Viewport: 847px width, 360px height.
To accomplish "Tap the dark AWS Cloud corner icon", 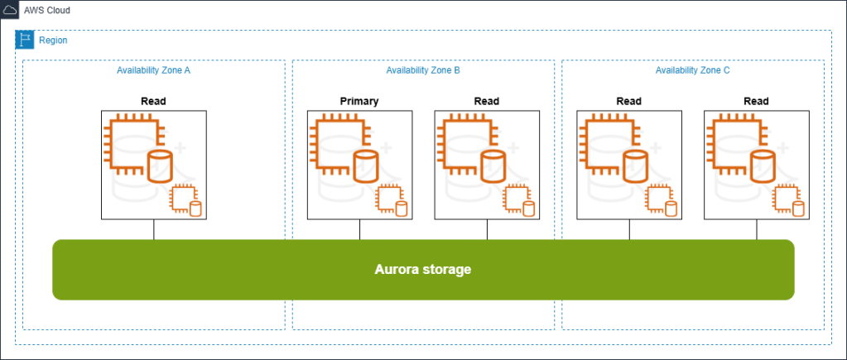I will click(10, 12).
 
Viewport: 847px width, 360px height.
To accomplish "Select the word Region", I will click(54, 41).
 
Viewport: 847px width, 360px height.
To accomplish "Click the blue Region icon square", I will click(25, 40).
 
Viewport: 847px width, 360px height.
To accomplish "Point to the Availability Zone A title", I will click(154, 70).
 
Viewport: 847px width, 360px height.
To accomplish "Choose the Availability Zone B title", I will click(423, 70).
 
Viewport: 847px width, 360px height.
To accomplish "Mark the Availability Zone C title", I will click(692, 70).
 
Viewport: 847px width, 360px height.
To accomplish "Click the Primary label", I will click(359, 102).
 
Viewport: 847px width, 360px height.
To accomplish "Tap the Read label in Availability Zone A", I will click(154, 102).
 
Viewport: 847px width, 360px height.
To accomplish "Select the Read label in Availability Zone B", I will click(487, 102).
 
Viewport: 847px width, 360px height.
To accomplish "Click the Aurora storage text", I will click(423, 270).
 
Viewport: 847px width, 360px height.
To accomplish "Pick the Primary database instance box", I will click(359, 165).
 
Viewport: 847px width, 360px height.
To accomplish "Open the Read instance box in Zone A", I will click(154, 165).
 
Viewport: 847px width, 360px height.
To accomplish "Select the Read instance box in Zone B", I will click(487, 165).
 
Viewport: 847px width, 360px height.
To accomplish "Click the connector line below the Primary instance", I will click(359, 229).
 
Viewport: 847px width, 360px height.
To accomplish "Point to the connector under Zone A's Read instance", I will click(154, 229).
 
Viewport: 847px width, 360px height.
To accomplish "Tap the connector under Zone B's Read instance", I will click(487, 229).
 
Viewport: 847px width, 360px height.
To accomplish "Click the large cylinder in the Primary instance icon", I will click(365, 166).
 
